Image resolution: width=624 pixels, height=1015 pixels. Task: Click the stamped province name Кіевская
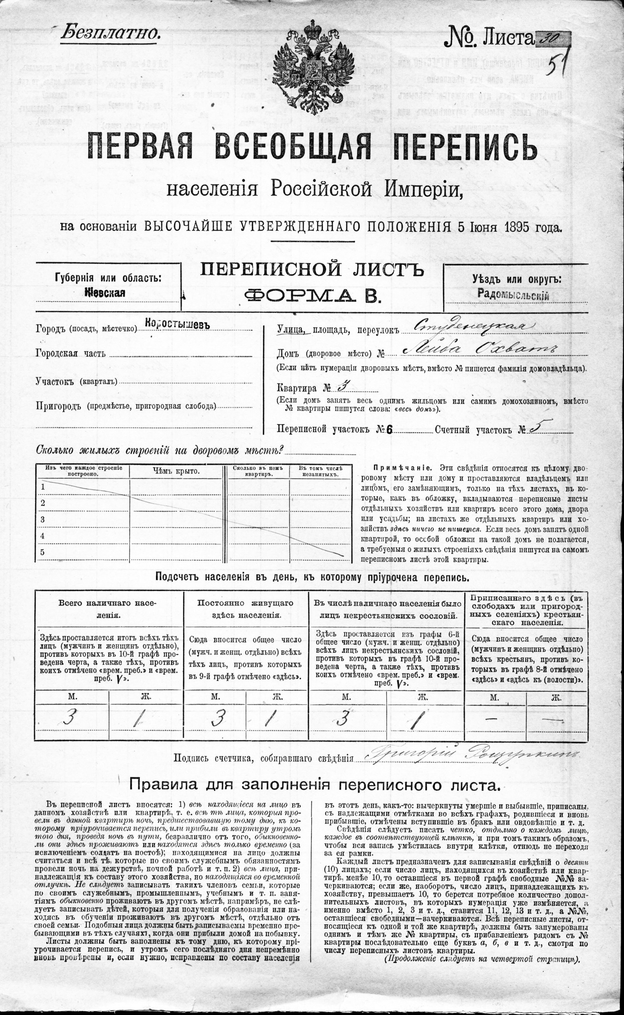[105, 292]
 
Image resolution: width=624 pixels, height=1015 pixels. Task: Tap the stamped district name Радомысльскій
[513, 294]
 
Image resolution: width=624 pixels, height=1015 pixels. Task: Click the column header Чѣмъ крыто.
[176, 471]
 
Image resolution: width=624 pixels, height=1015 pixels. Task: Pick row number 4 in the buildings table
[42, 536]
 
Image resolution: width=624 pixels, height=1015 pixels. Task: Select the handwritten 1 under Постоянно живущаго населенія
[270, 719]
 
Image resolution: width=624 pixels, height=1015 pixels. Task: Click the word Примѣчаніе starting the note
[402, 468]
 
